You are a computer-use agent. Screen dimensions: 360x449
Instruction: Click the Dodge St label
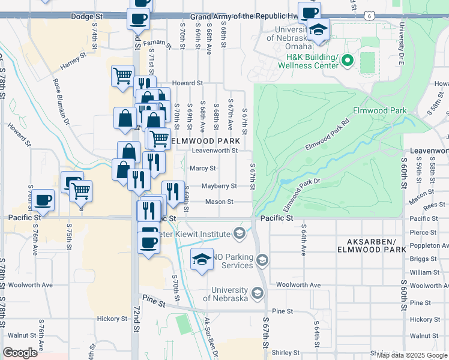point(83,17)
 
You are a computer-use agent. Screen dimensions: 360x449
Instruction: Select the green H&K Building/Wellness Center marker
point(348,60)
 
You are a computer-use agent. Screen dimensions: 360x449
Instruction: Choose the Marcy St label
point(203,169)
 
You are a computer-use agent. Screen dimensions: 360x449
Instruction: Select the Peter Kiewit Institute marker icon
point(239,233)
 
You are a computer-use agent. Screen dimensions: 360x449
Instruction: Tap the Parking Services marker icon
point(262,260)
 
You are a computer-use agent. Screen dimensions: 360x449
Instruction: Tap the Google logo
point(20,353)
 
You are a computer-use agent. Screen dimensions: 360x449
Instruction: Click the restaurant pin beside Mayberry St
point(173,191)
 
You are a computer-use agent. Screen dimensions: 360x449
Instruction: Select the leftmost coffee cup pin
point(43,199)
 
